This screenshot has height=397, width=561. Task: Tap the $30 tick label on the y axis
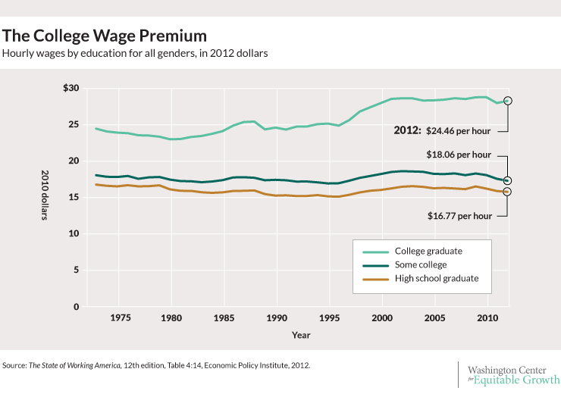tap(71, 88)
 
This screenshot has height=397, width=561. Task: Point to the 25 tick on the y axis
tap(73, 124)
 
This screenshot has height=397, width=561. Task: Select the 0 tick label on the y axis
tap(75, 307)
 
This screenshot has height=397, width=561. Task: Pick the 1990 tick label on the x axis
tap(277, 318)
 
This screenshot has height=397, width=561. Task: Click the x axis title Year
tap(301, 334)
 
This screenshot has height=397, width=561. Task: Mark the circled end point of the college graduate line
tap(507, 101)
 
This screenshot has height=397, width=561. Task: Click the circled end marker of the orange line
tap(507, 192)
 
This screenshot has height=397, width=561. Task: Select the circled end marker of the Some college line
tap(507, 180)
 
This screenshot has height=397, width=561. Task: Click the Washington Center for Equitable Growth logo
tap(512, 374)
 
